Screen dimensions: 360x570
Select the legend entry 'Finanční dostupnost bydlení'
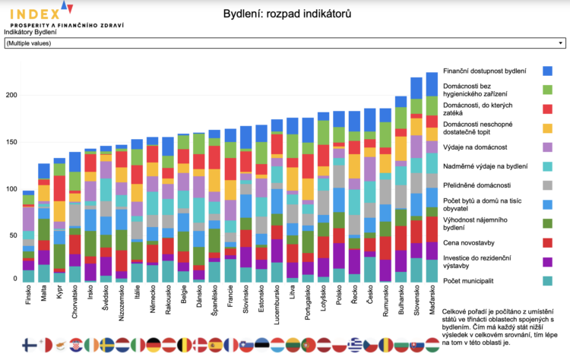tap(484, 71)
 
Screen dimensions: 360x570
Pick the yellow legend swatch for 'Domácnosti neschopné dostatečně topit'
tap(547, 127)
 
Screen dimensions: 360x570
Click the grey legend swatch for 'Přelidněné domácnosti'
tap(547, 185)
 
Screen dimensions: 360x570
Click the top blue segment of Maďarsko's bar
tap(432, 84)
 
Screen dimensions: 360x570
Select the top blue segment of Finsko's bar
tap(28, 193)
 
